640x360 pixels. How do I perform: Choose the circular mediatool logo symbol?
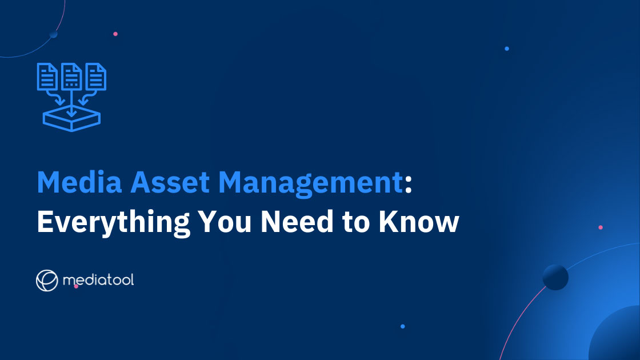[x=47, y=280]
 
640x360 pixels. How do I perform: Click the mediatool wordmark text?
[x=99, y=281]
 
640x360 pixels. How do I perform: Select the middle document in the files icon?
[x=71, y=75]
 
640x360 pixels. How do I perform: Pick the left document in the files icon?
[x=47, y=75]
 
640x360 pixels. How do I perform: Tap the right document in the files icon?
[x=96, y=75]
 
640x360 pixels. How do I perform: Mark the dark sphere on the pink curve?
[x=555, y=277]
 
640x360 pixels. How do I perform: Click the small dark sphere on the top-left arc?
[x=53, y=34]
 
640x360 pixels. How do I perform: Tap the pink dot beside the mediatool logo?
[x=76, y=286]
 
